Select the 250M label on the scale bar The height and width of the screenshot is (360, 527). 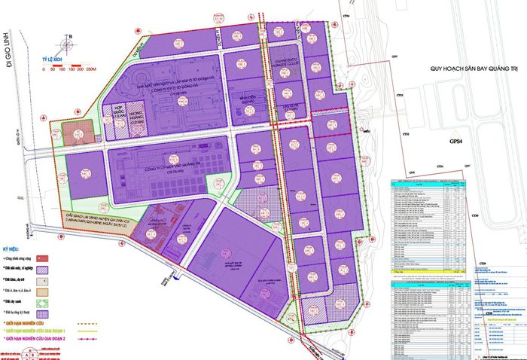[93, 71]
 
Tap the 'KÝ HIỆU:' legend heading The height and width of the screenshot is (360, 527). [13, 247]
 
